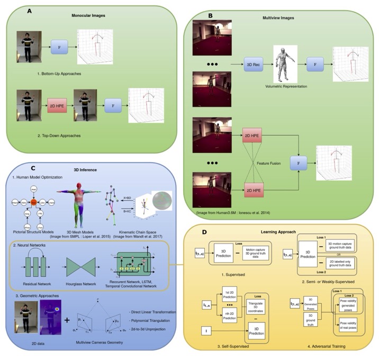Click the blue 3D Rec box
[x=255, y=65]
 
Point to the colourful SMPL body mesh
[x=89, y=200]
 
